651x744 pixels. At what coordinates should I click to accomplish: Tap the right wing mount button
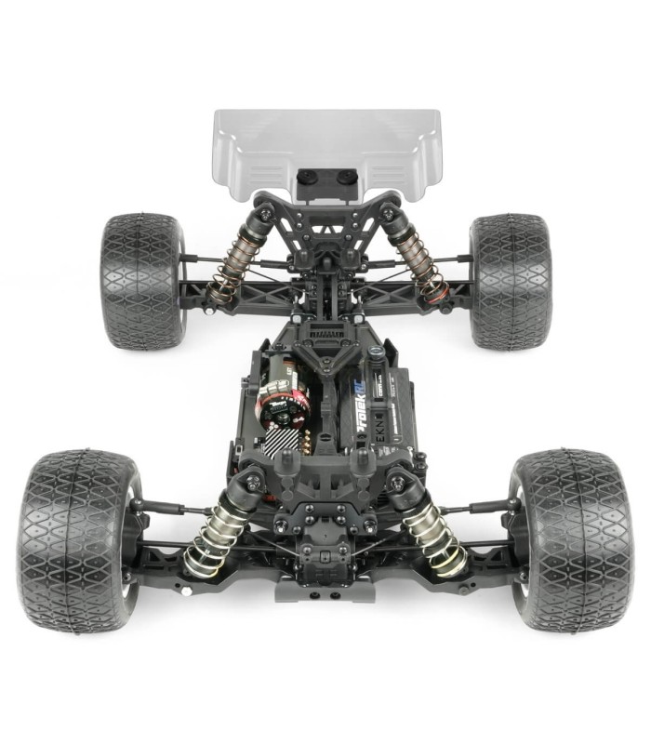tap(345, 176)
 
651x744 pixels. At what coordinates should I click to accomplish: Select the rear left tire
tap(142, 280)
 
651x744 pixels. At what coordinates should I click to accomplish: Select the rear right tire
tap(510, 280)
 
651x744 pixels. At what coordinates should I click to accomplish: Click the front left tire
tap(79, 539)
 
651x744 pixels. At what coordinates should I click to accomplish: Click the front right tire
tap(572, 539)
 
